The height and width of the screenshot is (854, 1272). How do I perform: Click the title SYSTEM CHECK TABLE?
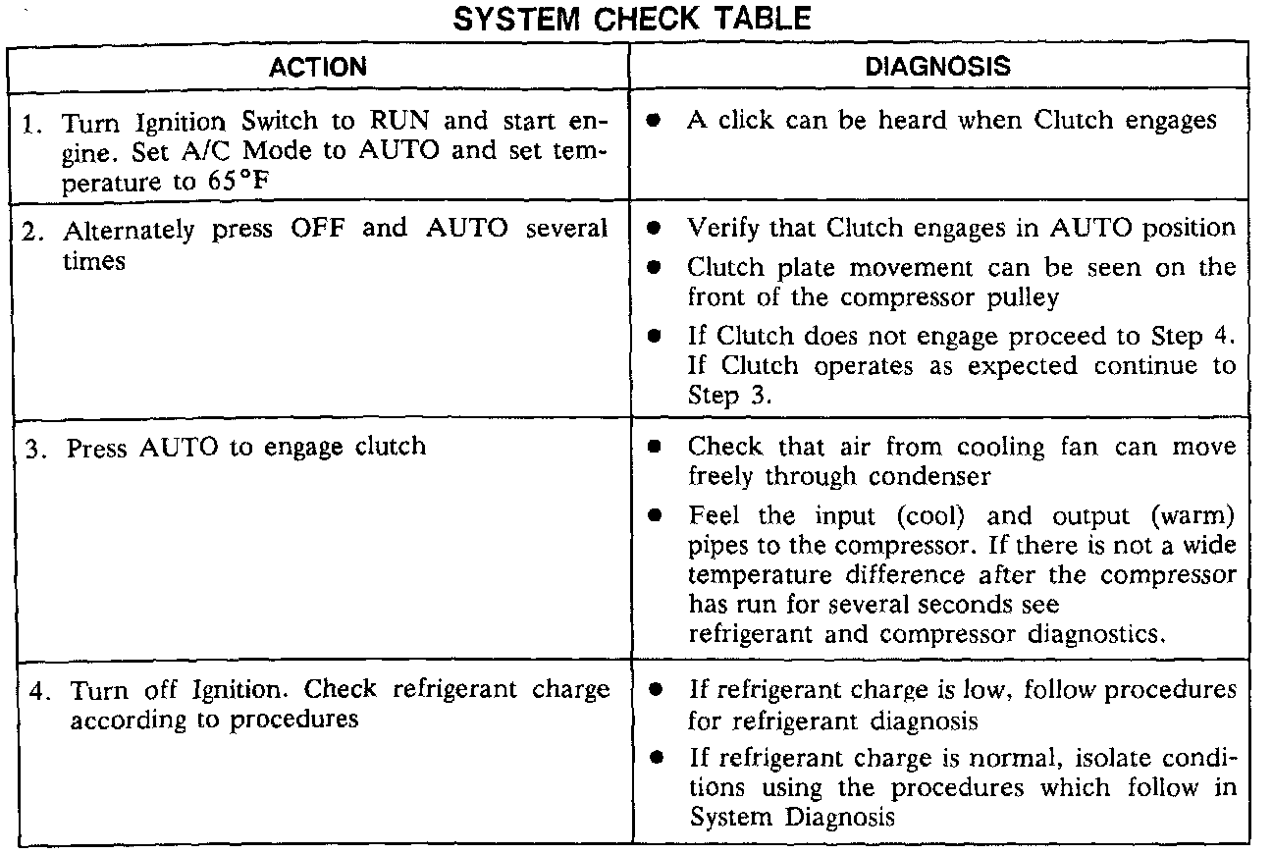coord(632,19)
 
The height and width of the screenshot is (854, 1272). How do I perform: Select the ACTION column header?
coord(318,68)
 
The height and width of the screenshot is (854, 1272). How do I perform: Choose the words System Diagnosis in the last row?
coord(792,817)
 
